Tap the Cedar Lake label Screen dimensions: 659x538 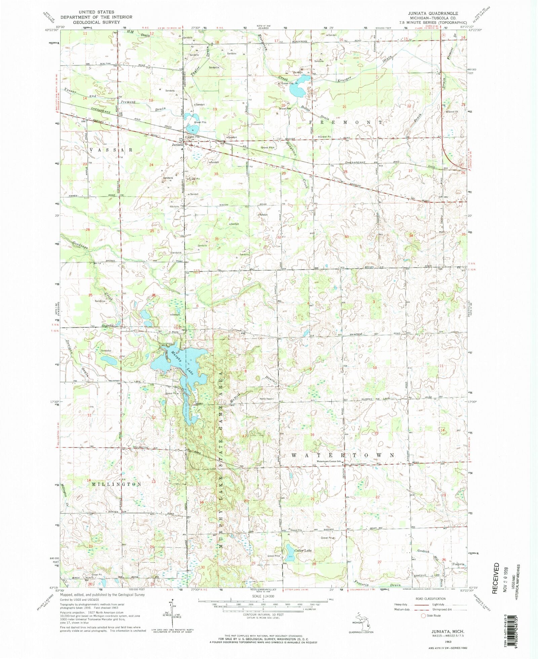pyautogui.click(x=303, y=551)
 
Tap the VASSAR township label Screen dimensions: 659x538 pyautogui.click(x=111, y=149)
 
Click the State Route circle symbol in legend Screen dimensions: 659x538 pyautogui.click(x=423, y=616)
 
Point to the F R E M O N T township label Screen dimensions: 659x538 pyautogui.click(x=345, y=123)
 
